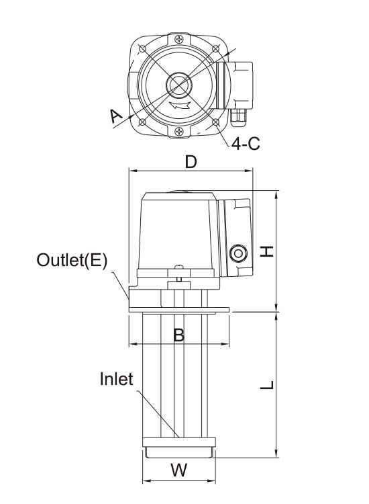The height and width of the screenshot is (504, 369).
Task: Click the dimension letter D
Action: pos(191,162)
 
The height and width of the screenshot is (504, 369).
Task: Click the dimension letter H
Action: pos(266,251)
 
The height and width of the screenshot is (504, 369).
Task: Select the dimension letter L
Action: pos(267,385)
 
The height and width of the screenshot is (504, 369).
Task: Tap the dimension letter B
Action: pos(178,335)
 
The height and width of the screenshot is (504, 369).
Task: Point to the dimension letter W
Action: pos(178,470)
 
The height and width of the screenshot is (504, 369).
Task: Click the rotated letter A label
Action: pos(115,116)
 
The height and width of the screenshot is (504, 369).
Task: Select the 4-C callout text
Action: pos(246,144)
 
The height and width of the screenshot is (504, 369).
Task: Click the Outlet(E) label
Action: pos(72,259)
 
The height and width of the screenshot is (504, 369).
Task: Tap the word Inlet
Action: pos(116,378)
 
